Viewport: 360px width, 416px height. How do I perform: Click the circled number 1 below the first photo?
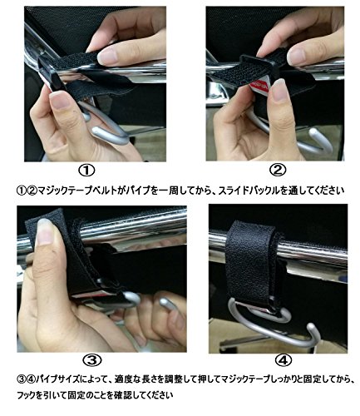(87, 171)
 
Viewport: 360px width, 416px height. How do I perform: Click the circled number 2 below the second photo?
(278, 170)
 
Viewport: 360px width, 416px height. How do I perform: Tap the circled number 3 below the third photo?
(92, 360)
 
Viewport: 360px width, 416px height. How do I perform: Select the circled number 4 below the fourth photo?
(284, 360)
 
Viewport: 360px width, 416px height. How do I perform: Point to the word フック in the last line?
(26, 395)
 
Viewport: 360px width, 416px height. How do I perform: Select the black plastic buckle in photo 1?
(50, 72)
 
